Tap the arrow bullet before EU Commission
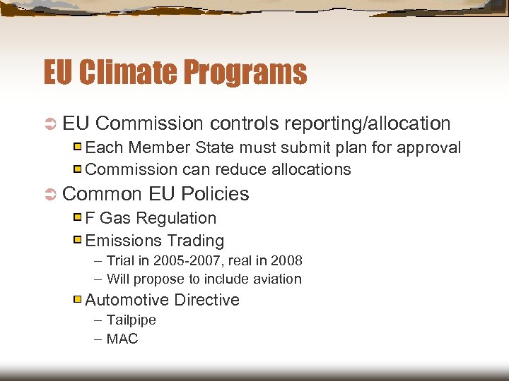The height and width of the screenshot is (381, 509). [x=50, y=124]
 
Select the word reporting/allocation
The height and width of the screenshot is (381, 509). [x=367, y=123]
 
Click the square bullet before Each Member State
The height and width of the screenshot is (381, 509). [x=78, y=147]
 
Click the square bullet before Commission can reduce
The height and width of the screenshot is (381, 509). [x=78, y=169]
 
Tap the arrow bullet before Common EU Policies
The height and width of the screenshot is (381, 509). [x=50, y=194]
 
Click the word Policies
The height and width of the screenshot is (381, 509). [x=215, y=193]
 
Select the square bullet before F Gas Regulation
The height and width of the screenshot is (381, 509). [x=78, y=218]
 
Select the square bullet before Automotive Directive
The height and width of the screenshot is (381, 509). [x=78, y=300]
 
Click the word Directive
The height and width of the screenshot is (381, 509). [x=206, y=300]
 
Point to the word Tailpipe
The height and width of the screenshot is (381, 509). [x=131, y=320]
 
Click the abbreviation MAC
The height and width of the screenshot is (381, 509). [x=122, y=339]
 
